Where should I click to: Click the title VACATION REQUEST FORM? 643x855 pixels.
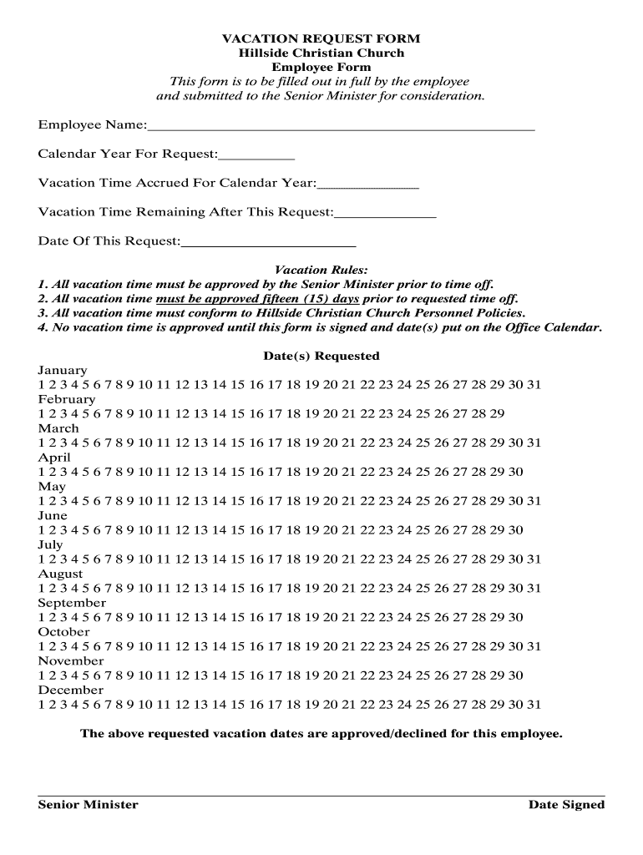[x=321, y=38]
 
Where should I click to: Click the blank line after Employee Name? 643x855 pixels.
[x=341, y=126]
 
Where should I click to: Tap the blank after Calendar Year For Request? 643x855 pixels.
[x=256, y=154]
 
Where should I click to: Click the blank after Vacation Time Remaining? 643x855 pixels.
[x=385, y=213]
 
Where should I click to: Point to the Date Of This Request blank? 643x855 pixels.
[x=268, y=242]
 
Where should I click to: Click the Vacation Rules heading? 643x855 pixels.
[x=321, y=270]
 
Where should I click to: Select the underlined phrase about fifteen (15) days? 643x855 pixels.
[x=257, y=298]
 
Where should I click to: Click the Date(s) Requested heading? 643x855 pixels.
[x=321, y=356]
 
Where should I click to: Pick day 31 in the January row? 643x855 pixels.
[x=534, y=385]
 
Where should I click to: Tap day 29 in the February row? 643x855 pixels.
[x=497, y=414]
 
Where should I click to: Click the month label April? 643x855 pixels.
[x=54, y=458]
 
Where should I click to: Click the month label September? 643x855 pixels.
[x=72, y=603]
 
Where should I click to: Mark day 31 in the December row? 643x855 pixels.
[x=534, y=705]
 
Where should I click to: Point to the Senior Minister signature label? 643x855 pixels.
[x=88, y=805]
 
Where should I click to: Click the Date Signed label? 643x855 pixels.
[x=566, y=805]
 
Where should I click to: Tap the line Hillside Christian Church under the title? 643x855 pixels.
[x=321, y=53]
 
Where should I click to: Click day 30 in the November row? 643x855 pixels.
[x=516, y=675]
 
